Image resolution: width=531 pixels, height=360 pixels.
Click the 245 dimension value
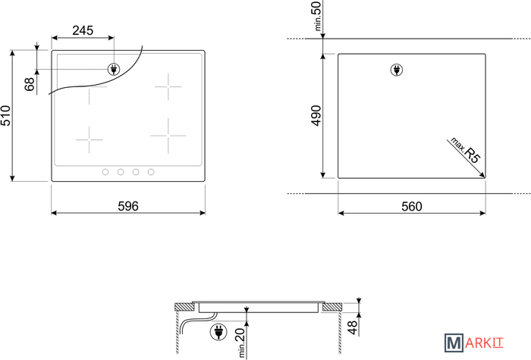click(83, 30)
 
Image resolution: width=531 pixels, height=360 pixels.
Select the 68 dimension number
click(30, 84)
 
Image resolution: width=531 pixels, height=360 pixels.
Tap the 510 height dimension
click(5, 116)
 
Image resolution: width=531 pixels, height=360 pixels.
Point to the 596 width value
click(128, 206)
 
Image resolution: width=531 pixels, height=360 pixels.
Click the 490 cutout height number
click(316, 116)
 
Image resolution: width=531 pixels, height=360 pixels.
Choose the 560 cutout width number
click(412, 206)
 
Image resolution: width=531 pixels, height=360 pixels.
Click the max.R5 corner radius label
click(466, 151)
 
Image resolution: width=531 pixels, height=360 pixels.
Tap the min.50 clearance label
click(317, 16)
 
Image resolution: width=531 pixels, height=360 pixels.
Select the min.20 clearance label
click(240, 343)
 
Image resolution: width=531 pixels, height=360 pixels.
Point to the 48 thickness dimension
click(353, 327)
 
